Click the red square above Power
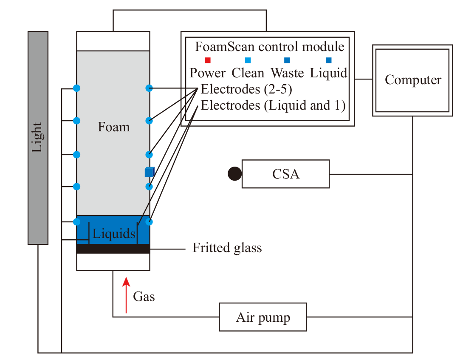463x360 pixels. (x=208, y=60)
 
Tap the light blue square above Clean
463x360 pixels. (x=248, y=60)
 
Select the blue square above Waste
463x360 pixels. (x=287, y=60)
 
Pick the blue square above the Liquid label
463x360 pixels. (x=328, y=60)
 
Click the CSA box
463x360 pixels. (x=285, y=174)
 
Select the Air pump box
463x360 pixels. (x=263, y=317)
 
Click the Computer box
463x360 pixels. (x=412, y=80)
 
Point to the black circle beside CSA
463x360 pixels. (x=235, y=173)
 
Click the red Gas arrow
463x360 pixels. (x=126, y=295)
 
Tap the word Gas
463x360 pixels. (x=144, y=296)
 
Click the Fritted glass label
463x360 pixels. (x=227, y=248)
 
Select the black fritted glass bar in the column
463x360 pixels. (x=113, y=249)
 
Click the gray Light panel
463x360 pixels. (x=38, y=138)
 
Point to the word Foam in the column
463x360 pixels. (x=114, y=127)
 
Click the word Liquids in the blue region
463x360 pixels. (x=114, y=234)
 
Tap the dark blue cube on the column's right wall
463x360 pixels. (x=150, y=172)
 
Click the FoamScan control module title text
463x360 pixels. (x=270, y=47)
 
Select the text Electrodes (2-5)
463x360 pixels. (x=246, y=89)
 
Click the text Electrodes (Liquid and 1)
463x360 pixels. (x=273, y=105)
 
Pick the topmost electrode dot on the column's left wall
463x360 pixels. (x=76, y=88)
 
